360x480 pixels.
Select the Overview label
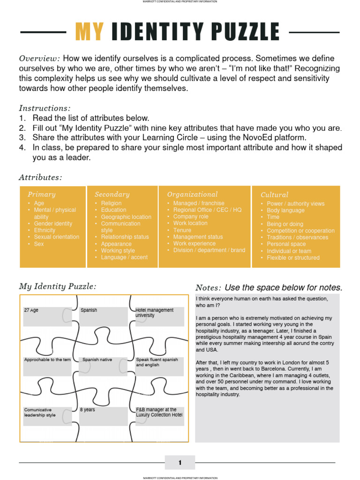pos(39,59)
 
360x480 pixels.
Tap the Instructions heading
pos(45,108)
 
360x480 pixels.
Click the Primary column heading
pos(41,194)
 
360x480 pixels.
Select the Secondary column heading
pos(112,194)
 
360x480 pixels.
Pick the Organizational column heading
pos(192,194)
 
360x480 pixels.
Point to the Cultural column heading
pos(274,195)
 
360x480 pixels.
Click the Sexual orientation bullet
pos(56,237)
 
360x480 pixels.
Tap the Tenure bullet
pos(182,230)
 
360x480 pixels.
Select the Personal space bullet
pos(286,244)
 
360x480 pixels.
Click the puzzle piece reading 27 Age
pos(31,310)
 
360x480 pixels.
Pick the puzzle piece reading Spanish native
pos(97,360)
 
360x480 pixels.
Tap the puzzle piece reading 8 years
pos(87,410)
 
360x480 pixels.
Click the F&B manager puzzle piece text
pos(159,412)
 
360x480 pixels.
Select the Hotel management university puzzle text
pos(155,313)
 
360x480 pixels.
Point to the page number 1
pos(180,463)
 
